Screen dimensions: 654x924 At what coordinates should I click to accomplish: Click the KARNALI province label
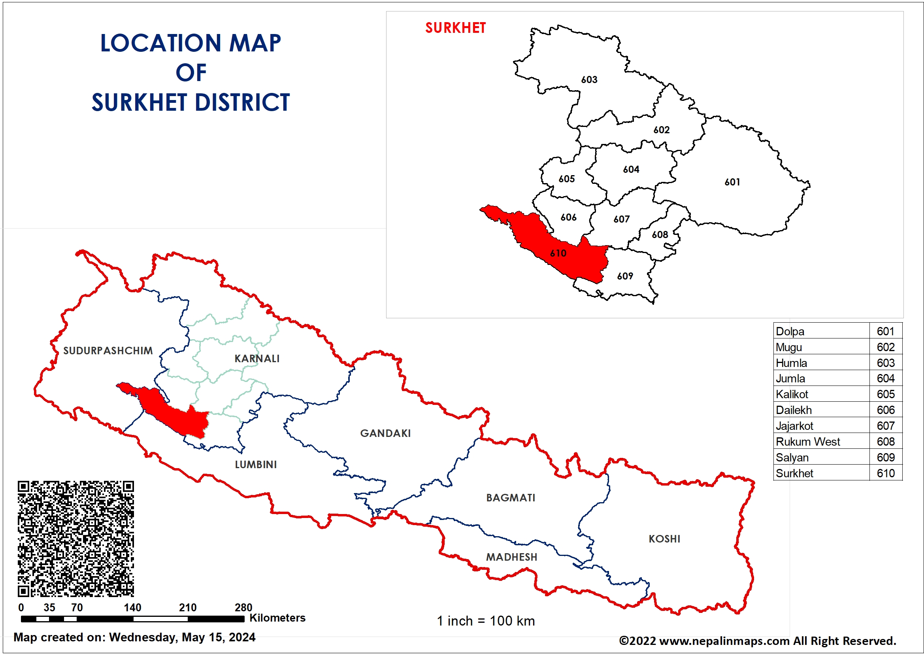coord(257,358)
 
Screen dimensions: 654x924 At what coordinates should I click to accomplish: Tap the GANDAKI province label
coord(385,433)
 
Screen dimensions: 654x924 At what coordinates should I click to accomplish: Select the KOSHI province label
coord(664,539)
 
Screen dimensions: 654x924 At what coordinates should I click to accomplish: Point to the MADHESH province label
coord(511,557)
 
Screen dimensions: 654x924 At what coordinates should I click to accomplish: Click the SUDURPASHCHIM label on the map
coord(108,351)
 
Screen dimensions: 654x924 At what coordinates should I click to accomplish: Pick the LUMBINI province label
coord(256,464)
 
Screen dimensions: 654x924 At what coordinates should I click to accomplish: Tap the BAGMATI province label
coord(511,498)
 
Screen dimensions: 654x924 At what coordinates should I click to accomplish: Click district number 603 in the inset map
coord(589,80)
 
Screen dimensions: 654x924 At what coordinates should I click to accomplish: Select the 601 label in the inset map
coord(732,182)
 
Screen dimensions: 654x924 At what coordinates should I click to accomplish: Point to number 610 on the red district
coord(558,253)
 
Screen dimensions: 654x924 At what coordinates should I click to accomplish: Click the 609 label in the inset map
coord(625,276)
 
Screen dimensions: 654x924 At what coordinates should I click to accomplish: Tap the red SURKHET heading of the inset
coord(456,28)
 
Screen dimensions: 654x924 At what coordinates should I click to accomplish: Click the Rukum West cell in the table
coord(808,442)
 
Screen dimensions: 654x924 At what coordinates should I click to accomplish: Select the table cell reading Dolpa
coord(790,331)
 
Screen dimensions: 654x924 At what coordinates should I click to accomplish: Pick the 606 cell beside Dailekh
coord(885,410)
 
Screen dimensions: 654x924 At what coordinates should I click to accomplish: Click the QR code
coord(75,539)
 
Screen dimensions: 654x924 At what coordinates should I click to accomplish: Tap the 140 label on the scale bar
coord(132,607)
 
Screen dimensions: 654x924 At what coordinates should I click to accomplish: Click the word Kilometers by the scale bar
coord(277,618)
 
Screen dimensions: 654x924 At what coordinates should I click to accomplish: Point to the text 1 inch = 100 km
coord(486,621)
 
